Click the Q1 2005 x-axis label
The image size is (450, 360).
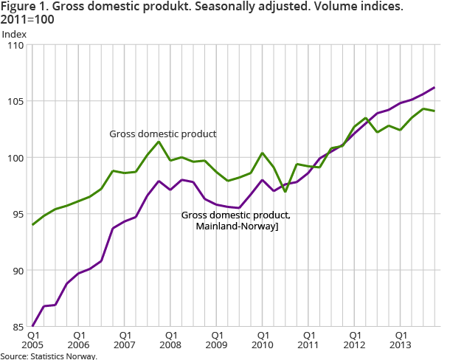click(x=33, y=339)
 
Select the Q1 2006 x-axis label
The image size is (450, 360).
click(x=79, y=339)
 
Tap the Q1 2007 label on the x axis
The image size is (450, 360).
click(x=125, y=339)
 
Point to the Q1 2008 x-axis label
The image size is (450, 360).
click(x=170, y=339)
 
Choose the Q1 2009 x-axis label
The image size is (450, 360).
click(x=216, y=339)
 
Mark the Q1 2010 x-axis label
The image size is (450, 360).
click(x=263, y=339)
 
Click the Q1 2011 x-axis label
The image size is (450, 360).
click(x=308, y=339)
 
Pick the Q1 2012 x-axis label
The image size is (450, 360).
click(x=354, y=339)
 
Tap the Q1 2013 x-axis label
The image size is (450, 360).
click(x=400, y=339)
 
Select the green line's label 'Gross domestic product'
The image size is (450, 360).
click(x=162, y=134)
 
